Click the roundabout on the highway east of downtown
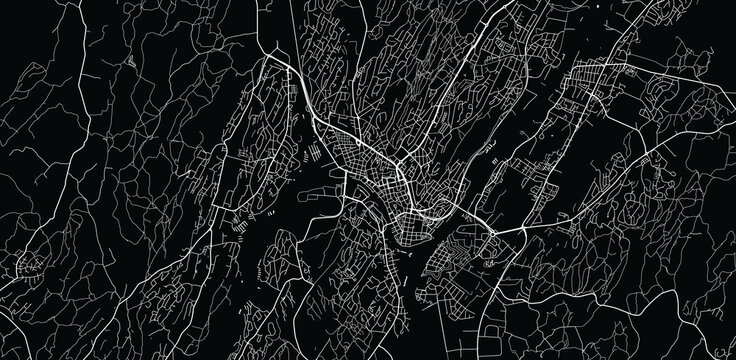[492, 236]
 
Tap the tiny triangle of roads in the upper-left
[134, 60]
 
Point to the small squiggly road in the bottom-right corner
[700, 330]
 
